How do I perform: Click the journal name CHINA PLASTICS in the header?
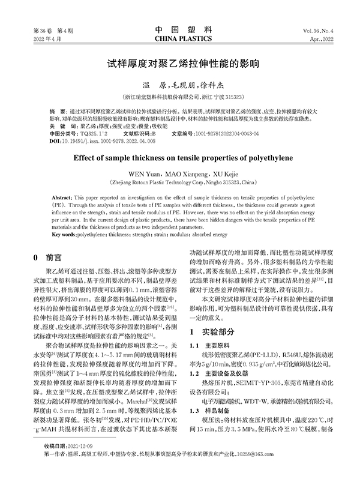coord(179,38)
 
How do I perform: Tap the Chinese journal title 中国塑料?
coord(179,29)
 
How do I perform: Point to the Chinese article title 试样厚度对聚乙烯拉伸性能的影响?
coord(180,62)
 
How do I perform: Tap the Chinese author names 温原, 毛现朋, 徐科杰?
coord(180,85)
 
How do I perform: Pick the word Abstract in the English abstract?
coord(63,197)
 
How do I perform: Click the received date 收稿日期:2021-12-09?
coord(68,464)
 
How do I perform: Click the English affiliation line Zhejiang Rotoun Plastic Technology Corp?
coord(180,179)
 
